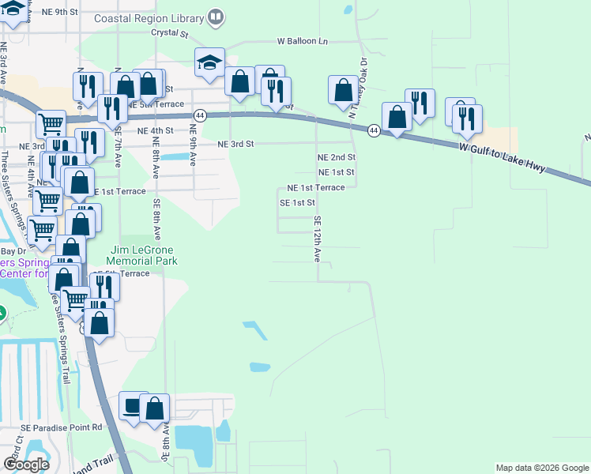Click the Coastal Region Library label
149,17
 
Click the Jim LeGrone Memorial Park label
143,255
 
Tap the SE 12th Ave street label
318,239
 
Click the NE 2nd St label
336,158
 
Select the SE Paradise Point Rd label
62,427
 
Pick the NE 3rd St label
235,145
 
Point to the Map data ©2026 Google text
542,468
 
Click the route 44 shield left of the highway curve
201,115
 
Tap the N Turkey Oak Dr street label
359,87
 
